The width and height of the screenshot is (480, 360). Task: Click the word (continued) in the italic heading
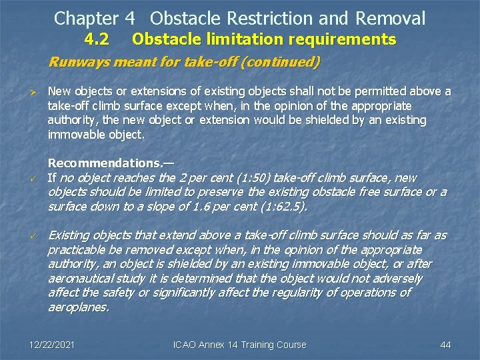279,63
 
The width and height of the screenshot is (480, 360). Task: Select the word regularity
306,293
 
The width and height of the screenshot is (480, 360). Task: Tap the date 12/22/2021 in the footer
52,345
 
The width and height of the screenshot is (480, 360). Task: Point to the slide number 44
446,345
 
